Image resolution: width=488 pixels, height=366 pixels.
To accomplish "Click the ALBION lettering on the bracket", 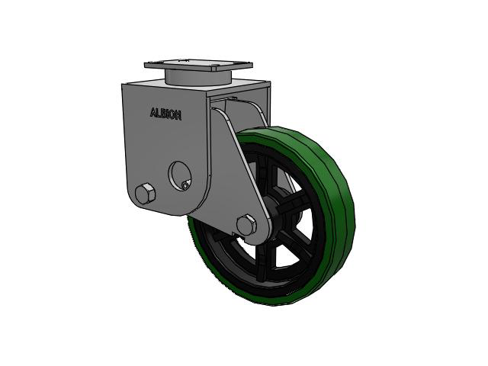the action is (165, 114).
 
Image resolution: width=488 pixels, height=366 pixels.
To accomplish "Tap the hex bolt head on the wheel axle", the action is (246, 224).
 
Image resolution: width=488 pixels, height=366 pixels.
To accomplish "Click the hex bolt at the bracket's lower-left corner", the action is (145, 194).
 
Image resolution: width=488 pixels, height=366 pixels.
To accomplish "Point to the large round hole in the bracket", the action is (180, 175).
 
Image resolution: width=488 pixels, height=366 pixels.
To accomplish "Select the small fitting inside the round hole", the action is (186, 185).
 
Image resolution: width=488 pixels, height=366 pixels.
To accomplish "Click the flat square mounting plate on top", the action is (198, 65).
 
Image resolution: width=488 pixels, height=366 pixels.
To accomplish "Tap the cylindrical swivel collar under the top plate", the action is (198, 78).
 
